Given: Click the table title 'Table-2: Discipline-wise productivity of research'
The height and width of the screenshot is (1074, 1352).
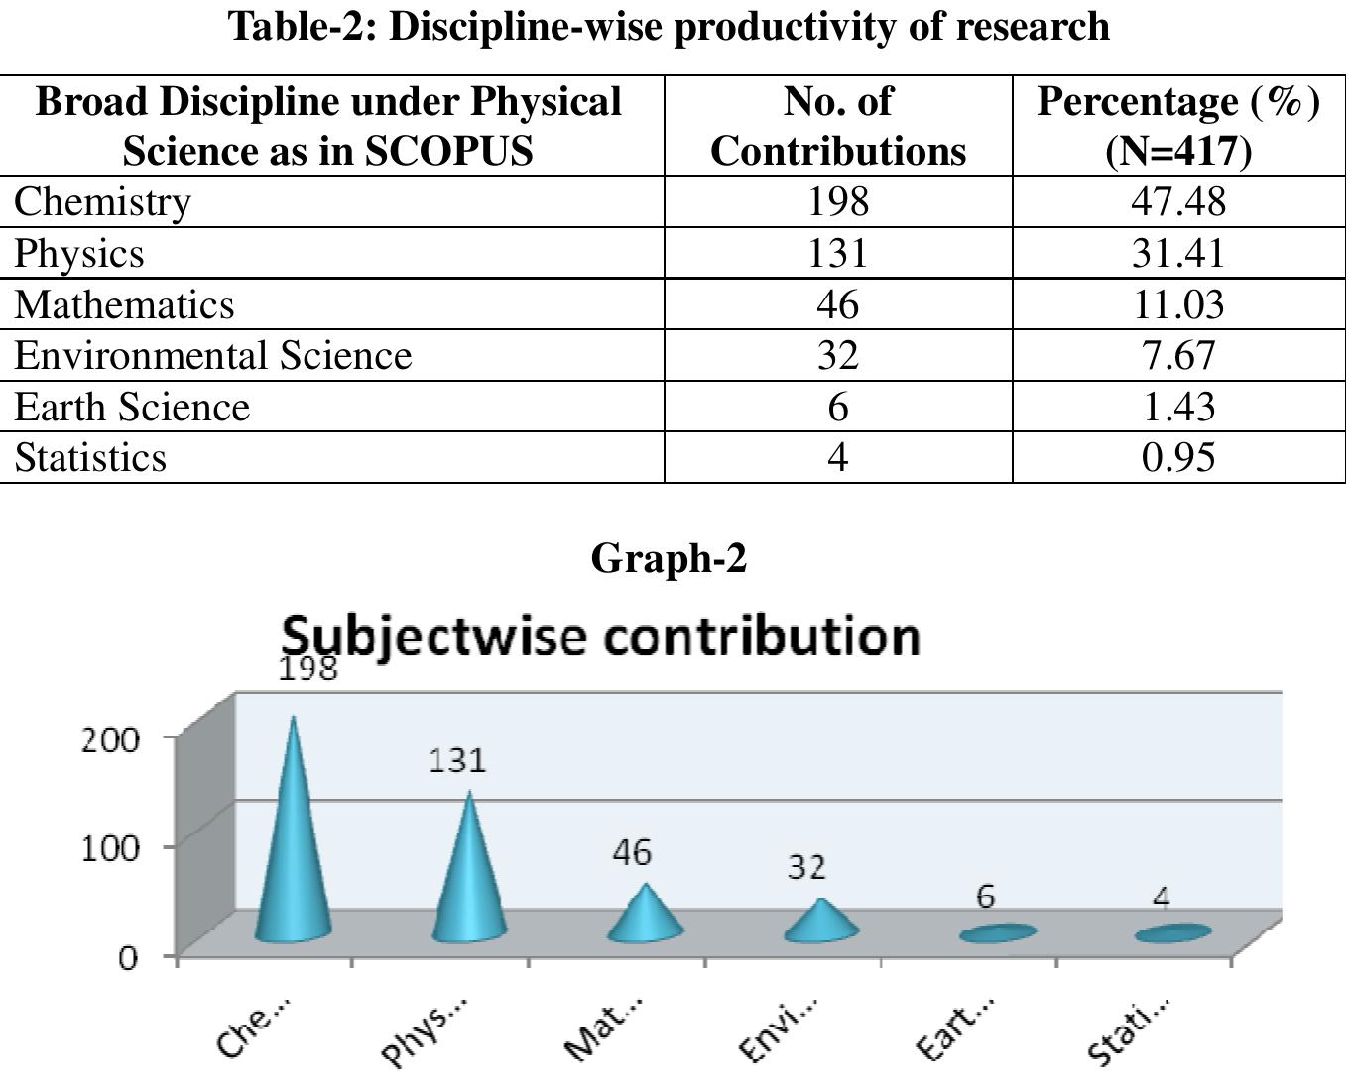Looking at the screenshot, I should pos(670,27).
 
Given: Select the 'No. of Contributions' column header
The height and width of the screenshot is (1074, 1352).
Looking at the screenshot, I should pos(837,126).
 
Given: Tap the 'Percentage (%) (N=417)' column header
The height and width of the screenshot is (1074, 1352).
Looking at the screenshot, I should pos(1178,126).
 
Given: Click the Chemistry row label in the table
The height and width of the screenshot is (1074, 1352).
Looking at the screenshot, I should pos(102,201).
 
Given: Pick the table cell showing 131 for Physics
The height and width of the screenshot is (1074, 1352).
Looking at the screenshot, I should pos(837,253).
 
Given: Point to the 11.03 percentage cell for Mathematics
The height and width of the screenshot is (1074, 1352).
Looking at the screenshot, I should pos(1178,304).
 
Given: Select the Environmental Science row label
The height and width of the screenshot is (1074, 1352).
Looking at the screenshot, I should pos(212,356).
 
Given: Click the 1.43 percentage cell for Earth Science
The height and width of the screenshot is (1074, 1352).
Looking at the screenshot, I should pos(1178,408).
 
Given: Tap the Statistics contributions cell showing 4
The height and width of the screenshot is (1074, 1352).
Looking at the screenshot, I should pos(837,458).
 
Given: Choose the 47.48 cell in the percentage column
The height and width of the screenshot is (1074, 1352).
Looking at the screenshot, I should pos(1178,201).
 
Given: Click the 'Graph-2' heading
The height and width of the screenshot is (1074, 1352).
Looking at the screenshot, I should pos(669,559).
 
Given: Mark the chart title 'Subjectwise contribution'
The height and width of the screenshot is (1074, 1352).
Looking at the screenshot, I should pos(601,636).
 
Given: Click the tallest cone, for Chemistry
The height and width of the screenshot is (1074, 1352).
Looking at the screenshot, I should pos(293,853).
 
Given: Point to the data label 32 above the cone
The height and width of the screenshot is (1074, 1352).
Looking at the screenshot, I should pos(806,868).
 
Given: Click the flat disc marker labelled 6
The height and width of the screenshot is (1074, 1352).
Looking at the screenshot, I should pos(997,933).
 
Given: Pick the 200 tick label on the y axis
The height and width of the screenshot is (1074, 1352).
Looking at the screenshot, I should pos(110,740).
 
